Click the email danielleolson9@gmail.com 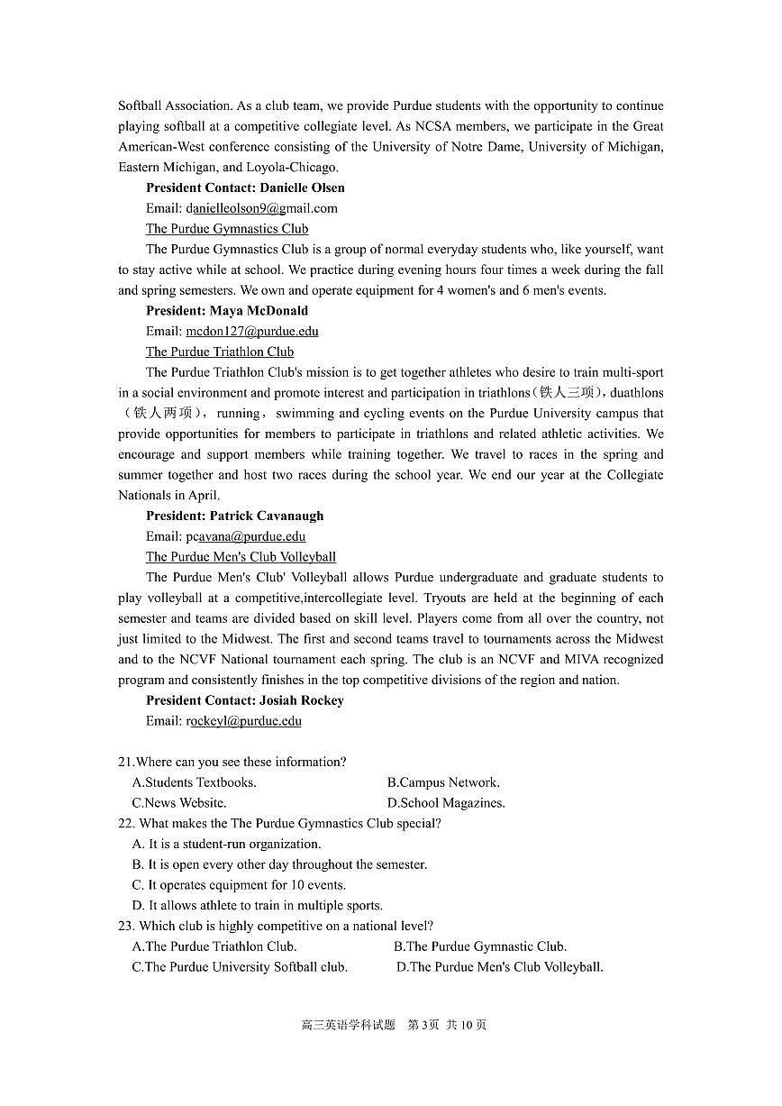point(261,208)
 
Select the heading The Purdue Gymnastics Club point(227,229)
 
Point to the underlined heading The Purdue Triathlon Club point(220,352)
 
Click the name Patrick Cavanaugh point(266,516)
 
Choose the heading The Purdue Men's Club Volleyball point(241,557)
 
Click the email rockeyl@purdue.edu point(243,721)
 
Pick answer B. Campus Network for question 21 point(443,782)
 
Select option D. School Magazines point(446,803)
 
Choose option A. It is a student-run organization point(226,845)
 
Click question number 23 point(126,926)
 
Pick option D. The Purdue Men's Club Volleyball point(499,967)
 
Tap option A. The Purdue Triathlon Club point(214,946)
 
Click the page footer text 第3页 point(423,1025)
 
